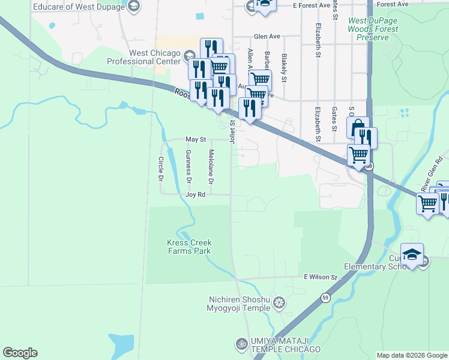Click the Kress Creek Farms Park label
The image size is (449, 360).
pyautogui.click(x=189, y=247)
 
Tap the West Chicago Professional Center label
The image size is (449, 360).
pyautogui.click(x=143, y=57)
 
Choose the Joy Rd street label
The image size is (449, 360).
pyautogui.click(x=195, y=195)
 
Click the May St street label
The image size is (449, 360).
pyautogui.click(x=196, y=139)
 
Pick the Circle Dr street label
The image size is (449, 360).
pyautogui.click(x=161, y=169)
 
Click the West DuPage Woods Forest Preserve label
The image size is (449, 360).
pyautogui.click(x=373, y=29)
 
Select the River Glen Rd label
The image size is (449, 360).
pyautogui.click(x=430, y=179)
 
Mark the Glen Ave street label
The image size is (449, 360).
pyautogui.click(x=267, y=36)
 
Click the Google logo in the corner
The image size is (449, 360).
pyautogui.click(x=20, y=353)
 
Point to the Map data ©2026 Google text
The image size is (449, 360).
pyautogui.click(x=412, y=355)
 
